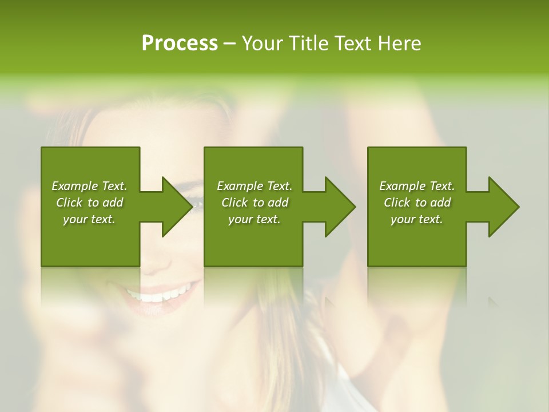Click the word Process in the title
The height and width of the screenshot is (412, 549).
[180, 43]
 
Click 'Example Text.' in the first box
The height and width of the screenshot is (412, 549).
[89, 186]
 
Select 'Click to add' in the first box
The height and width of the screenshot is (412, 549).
[89, 203]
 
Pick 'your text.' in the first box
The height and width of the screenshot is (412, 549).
[89, 219]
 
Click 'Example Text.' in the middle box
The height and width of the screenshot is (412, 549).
[254, 186]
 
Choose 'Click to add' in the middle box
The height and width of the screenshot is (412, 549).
[254, 203]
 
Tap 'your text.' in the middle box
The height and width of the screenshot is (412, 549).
[254, 219]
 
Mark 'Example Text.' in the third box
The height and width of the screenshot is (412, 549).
[417, 186]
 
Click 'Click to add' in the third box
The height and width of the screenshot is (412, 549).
[417, 203]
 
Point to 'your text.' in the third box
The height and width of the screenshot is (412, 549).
[417, 219]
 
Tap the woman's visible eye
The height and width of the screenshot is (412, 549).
[196, 201]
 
